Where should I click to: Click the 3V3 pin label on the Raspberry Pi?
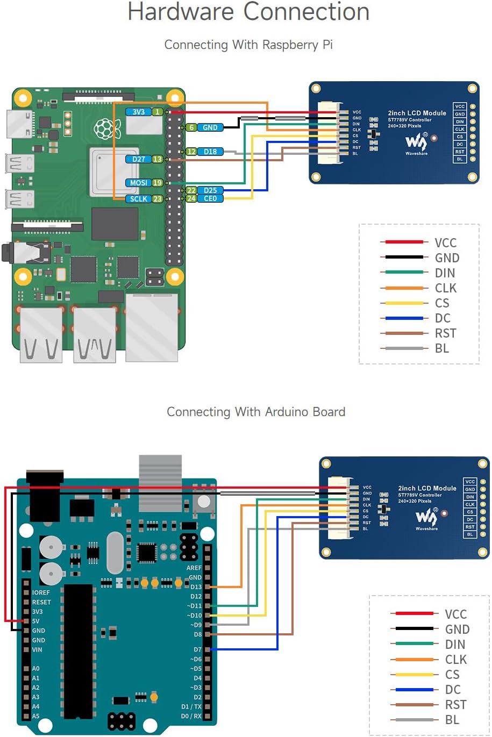tap(138, 112)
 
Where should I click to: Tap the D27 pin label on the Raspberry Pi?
tap(138, 159)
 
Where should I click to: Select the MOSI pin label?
tap(138, 183)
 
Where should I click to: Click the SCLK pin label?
tap(138, 199)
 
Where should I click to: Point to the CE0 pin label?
tap(210, 198)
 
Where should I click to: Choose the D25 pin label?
tap(210, 190)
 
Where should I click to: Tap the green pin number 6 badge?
tap(191, 127)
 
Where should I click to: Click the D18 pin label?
tap(210, 152)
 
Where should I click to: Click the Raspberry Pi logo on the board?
tap(108, 128)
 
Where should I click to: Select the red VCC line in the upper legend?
tap(404, 242)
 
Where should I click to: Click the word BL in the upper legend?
tap(442, 348)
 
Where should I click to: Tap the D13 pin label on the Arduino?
tap(196, 587)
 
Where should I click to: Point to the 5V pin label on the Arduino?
tap(35, 621)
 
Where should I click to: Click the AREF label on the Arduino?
tap(194, 568)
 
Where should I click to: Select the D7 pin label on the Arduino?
tap(197, 649)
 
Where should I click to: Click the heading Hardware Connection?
tap(248, 12)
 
